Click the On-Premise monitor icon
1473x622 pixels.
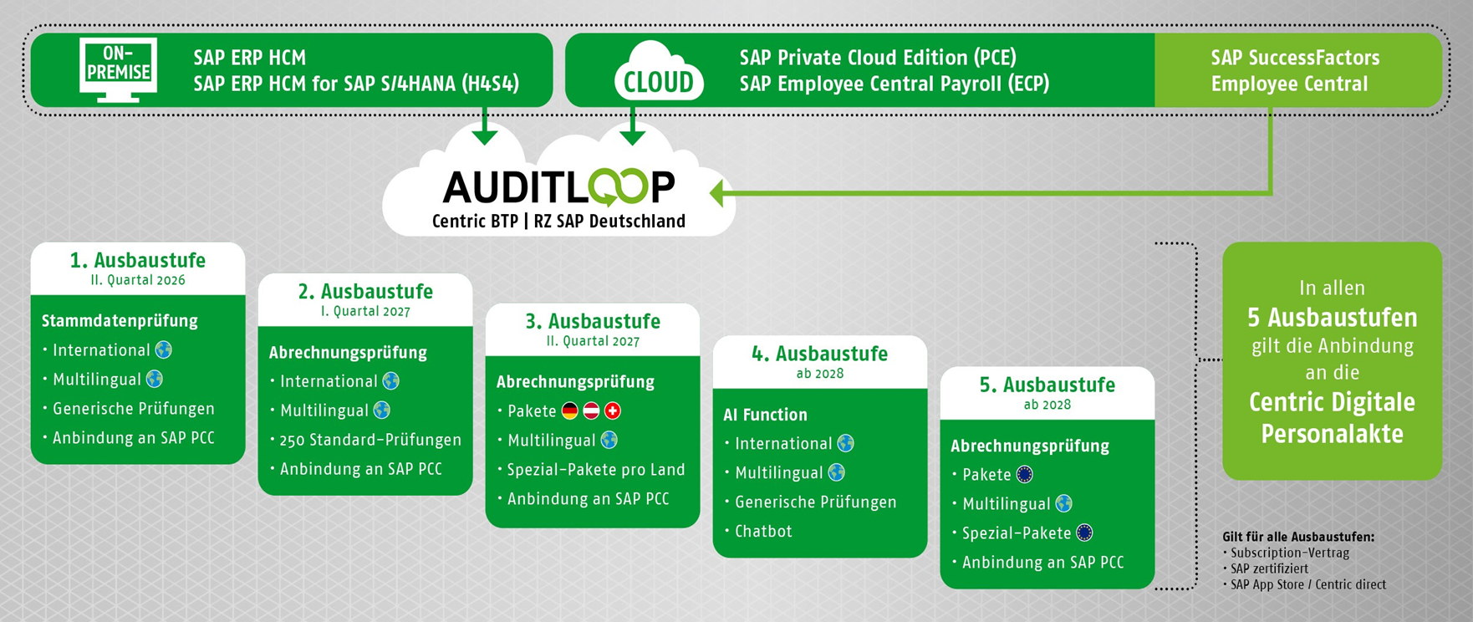click(118, 69)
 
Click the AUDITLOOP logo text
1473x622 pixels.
click(558, 187)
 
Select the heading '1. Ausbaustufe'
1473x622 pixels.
click(138, 260)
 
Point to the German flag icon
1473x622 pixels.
click(570, 410)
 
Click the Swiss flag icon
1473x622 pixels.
click(613, 410)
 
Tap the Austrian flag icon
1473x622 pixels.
click(591, 410)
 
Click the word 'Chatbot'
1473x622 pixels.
click(763, 531)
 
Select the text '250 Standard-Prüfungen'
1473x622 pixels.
click(370, 440)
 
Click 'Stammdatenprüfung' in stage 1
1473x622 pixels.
click(120, 320)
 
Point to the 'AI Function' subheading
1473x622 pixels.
click(765, 415)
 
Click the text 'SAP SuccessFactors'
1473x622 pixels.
click(1295, 58)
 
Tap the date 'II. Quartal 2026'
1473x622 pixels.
click(138, 281)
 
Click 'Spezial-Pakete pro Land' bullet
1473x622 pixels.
click(596, 470)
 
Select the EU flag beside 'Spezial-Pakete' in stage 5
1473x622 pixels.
click(1084, 533)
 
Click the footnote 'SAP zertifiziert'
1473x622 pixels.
click(1269, 568)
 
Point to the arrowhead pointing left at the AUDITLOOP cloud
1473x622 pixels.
click(717, 194)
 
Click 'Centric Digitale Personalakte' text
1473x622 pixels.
click(1332, 418)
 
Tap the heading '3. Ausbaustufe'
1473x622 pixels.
click(593, 322)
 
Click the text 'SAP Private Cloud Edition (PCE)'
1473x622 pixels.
click(878, 58)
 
